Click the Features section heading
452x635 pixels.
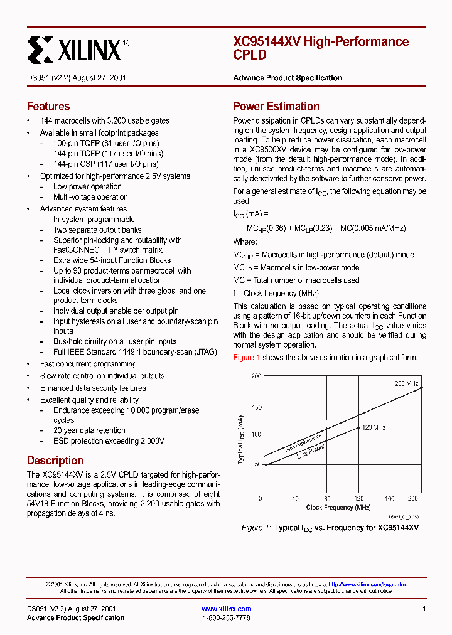pyautogui.click(x=48, y=106)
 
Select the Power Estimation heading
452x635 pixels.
pyautogui.click(x=276, y=106)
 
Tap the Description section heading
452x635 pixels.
pyautogui.click(x=55, y=460)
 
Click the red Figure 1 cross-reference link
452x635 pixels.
pyautogui.click(x=247, y=358)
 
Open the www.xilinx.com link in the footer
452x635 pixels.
pyautogui.click(x=227, y=609)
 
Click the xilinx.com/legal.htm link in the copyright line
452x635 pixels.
pyautogui.click(x=367, y=584)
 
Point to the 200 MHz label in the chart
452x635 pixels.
pyautogui.click(x=406, y=383)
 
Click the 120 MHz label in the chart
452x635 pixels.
pyautogui.click(x=374, y=427)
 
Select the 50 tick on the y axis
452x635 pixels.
pyautogui.click(x=257, y=464)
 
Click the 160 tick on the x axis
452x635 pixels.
pyautogui.click(x=389, y=498)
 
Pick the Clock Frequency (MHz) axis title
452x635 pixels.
pyautogui.click(x=338, y=507)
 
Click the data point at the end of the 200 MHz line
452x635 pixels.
pyautogui.click(x=421, y=388)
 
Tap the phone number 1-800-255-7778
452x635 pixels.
pyautogui.click(x=226, y=618)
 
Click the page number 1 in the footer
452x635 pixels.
pyautogui.click(x=424, y=609)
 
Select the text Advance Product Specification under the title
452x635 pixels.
pyautogui.click(x=288, y=78)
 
